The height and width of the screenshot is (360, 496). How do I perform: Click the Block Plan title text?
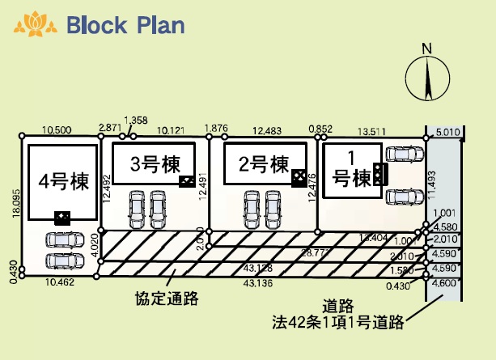[125, 24]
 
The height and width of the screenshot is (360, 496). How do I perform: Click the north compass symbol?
[427, 75]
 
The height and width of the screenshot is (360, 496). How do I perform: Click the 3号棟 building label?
[155, 163]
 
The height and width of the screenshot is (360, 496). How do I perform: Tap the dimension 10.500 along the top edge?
[57, 129]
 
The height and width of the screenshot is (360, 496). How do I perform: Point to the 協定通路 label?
[167, 298]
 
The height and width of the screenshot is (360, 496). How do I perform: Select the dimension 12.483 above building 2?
[267, 129]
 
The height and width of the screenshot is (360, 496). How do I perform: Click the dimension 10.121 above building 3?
[172, 129]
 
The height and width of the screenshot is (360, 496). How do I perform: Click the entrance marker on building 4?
[61, 216]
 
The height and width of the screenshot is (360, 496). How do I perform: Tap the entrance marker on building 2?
[299, 175]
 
